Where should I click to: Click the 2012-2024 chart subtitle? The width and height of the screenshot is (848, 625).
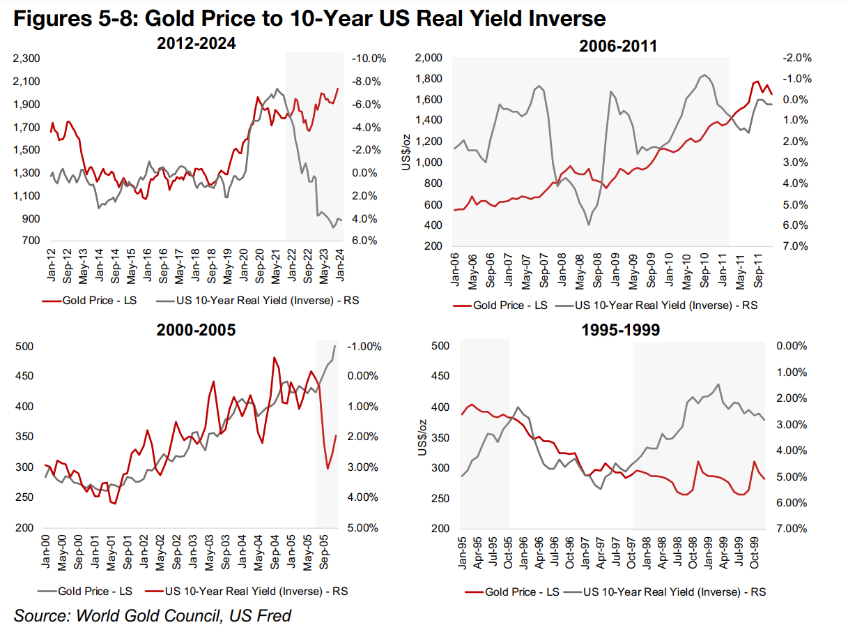pyautogui.click(x=197, y=43)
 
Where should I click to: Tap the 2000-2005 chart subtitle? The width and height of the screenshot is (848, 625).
pyautogui.click(x=196, y=330)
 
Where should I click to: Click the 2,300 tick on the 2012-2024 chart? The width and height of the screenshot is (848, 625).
pyautogui.click(x=27, y=59)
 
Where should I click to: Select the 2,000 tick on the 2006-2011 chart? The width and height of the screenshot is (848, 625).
pyautogui.click(x=429, y=57)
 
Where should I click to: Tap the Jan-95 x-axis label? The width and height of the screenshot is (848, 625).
pyautogui.click(x=463, y=551)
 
